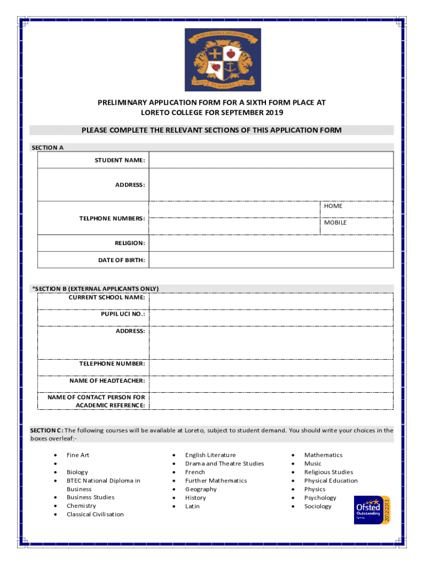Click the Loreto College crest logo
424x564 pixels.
coord(222,59)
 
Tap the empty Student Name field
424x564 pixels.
coord(271,160)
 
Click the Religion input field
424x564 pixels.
coord(271,243)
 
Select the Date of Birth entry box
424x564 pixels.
coord(271,260)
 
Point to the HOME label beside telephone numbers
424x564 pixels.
coord(333,206)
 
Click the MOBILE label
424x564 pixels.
coord(335,223)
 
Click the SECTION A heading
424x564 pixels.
coord(47,148)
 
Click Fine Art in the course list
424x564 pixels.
coord(78,455)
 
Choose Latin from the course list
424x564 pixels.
coord(192,506)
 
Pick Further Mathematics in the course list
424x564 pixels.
coord(216,480)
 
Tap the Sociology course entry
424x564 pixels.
coord(318,506)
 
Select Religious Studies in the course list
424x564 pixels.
coord(329,472)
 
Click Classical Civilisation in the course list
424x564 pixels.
coord(95,514)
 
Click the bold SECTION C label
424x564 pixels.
coord(46,430)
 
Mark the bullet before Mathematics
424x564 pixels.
coord(293,455)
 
